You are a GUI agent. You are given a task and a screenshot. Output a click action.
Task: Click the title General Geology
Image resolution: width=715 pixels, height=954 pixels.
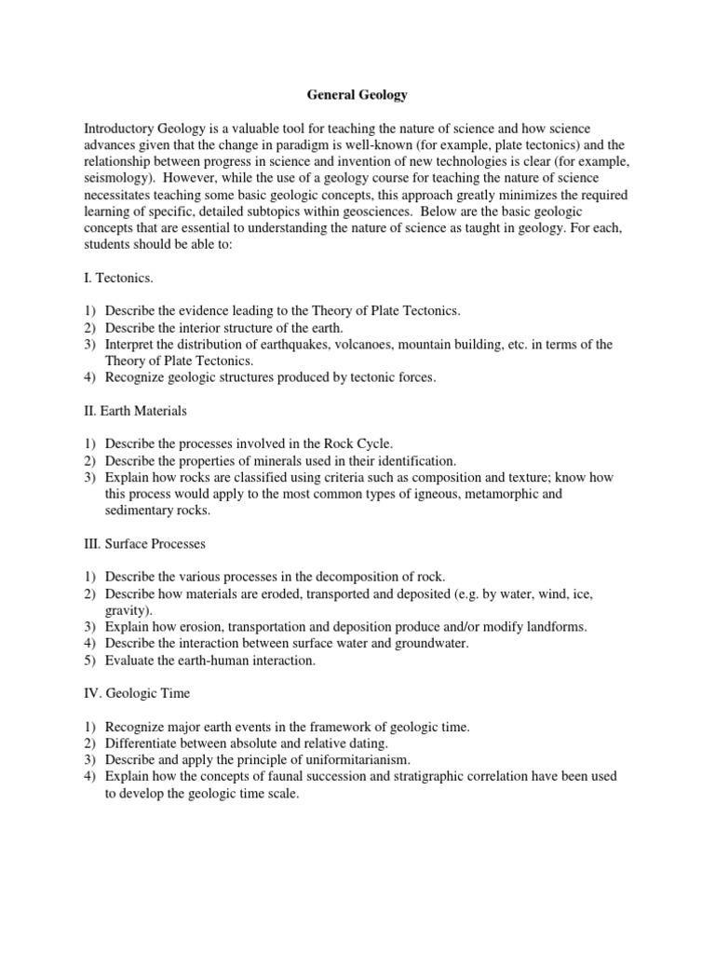click(x=357, y=95)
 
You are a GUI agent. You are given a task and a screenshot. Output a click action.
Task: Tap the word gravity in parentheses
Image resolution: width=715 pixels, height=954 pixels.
click(x=127, y=610)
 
